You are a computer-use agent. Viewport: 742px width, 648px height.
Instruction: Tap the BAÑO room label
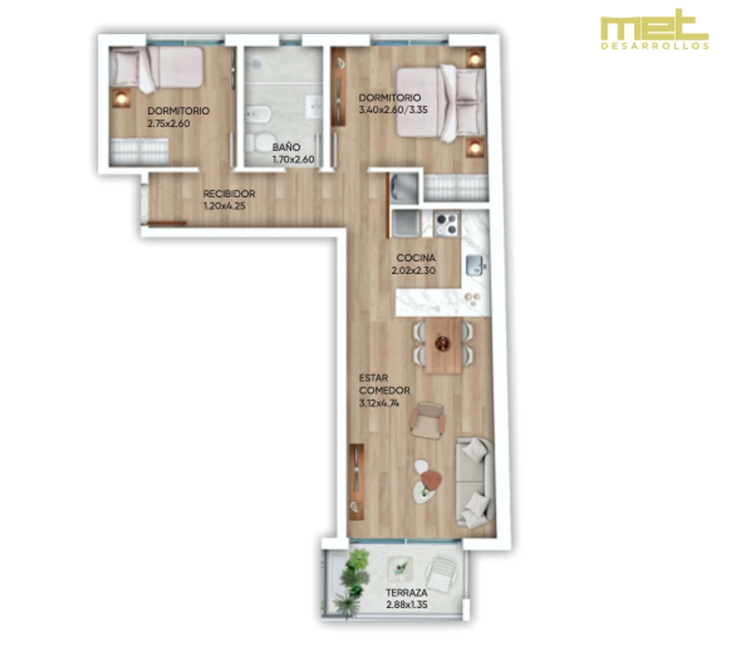pyautogui.click(x=286, y=147)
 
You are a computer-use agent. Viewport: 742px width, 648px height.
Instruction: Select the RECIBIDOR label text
pyautogui.click(x=229, y=193)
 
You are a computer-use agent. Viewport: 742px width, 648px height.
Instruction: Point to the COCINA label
pyautogui.click(x=416, y=257)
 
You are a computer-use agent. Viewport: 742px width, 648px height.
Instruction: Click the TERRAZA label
pyautogui.click(x=407, y=592)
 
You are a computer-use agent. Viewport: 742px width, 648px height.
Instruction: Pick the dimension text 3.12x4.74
pyautogui.click(x=379, y=403)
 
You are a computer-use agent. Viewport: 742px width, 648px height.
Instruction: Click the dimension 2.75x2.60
pyautogui.click(x=168, y=124)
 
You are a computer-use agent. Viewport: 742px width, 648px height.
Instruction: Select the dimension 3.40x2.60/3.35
pyautogui.click(x=393, y=110)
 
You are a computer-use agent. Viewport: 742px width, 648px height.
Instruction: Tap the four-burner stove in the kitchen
pyautogui.click(x=447, y=224)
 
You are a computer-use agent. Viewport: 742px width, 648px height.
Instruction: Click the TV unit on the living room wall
pyautogui.click(x=356, y=482)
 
